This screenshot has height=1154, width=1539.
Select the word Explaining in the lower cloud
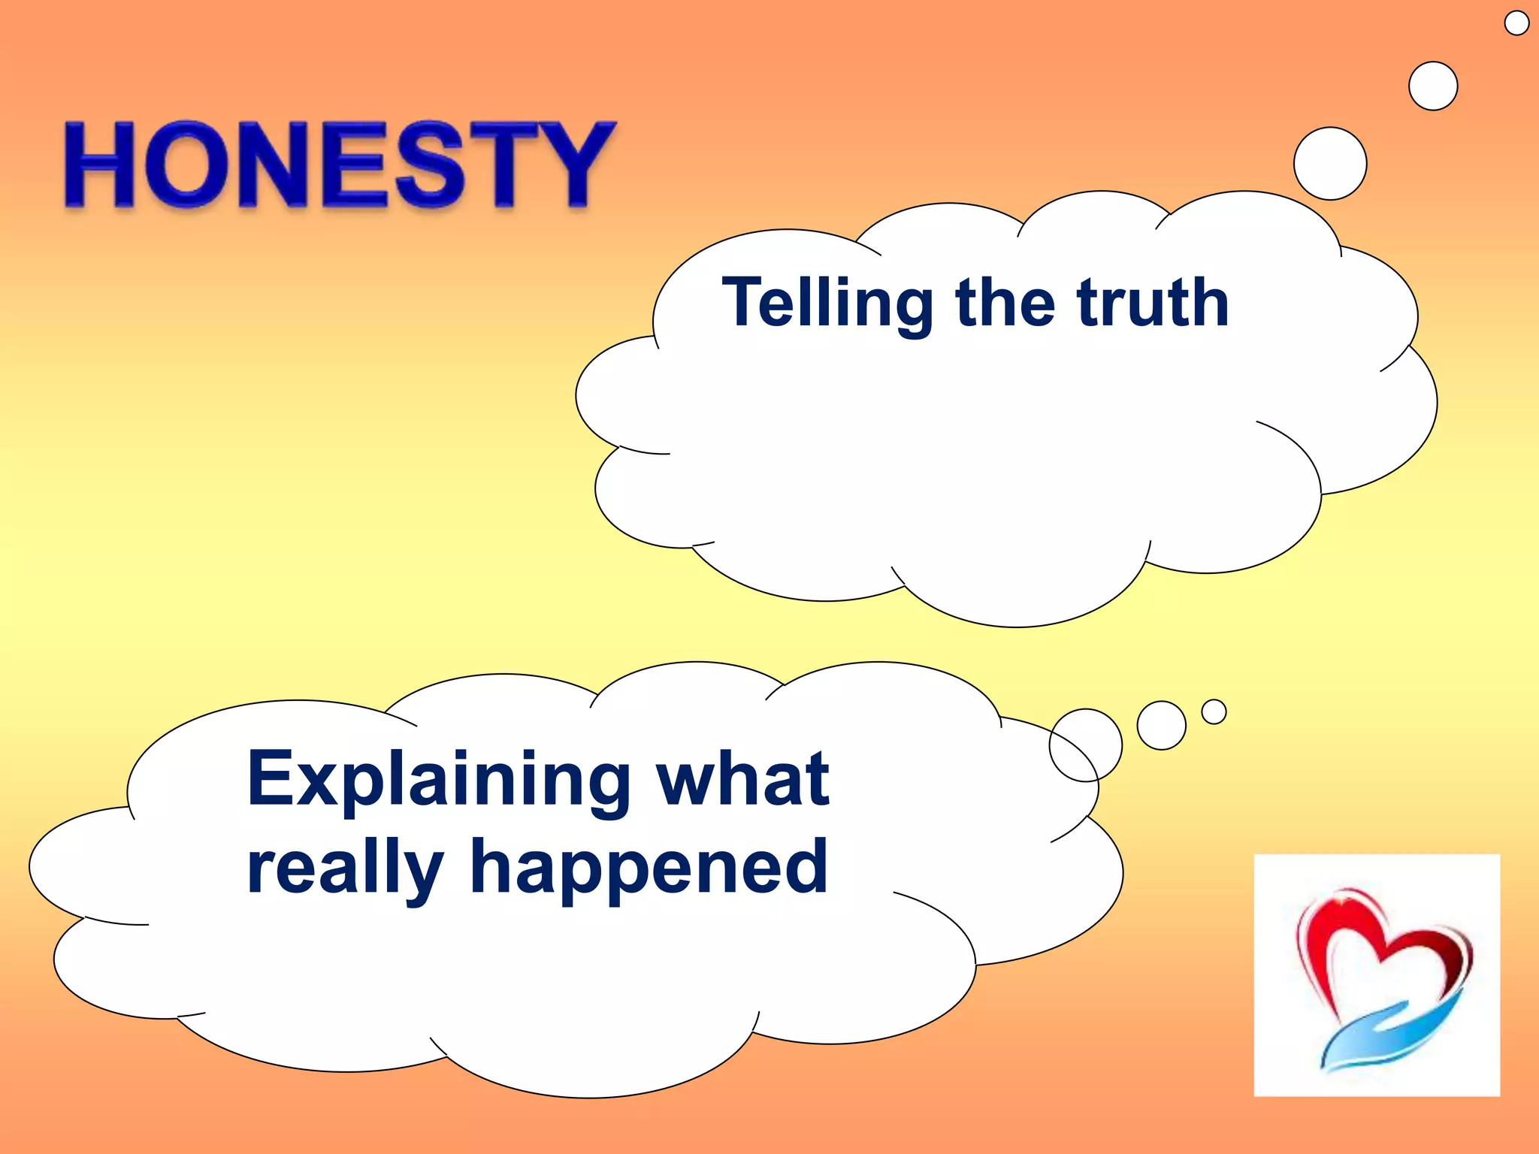tap(439, 781)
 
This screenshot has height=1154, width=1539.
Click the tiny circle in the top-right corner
tap(1516, 23)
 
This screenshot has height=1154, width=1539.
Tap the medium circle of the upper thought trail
tap(1433, 86)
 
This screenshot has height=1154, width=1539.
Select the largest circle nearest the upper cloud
tap(1330, 164)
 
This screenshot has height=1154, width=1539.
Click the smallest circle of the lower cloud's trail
tap(1214, 711)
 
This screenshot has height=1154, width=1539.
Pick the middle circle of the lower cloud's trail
tap(1161, 725)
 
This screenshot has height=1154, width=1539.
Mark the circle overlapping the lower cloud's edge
tap(1085, 745)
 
